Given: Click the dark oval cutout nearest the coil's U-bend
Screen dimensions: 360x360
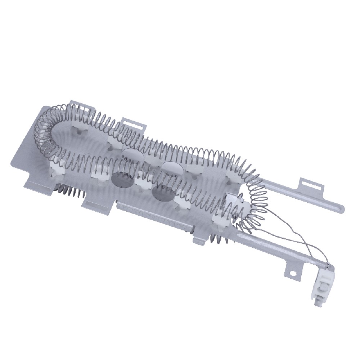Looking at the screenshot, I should [x=122, y=179].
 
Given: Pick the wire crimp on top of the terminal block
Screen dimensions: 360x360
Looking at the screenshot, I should [x=327, y=266].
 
